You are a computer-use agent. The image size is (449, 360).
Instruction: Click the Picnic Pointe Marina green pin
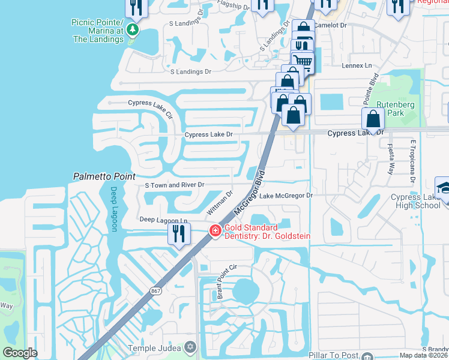pyautogui.click(x=133, y=29)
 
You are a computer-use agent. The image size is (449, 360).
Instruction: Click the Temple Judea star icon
pyautogui.click(x=190, y=347)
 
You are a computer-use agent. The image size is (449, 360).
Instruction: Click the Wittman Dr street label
pyautogui.click(x=219, y=203)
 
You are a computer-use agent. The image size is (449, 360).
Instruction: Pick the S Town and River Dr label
pyautogui.click(x=175, y=185)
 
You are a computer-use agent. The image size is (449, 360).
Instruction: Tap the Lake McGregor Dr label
pyautogui.click(x=286, y=196)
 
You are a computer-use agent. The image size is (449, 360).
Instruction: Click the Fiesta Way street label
pyautogui.click(x=391, y=158)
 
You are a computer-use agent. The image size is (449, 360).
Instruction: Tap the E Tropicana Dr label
pyautogui.click(x=413, y=160)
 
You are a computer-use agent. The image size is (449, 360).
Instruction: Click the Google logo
pyautogui.click(x=20, y=353)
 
